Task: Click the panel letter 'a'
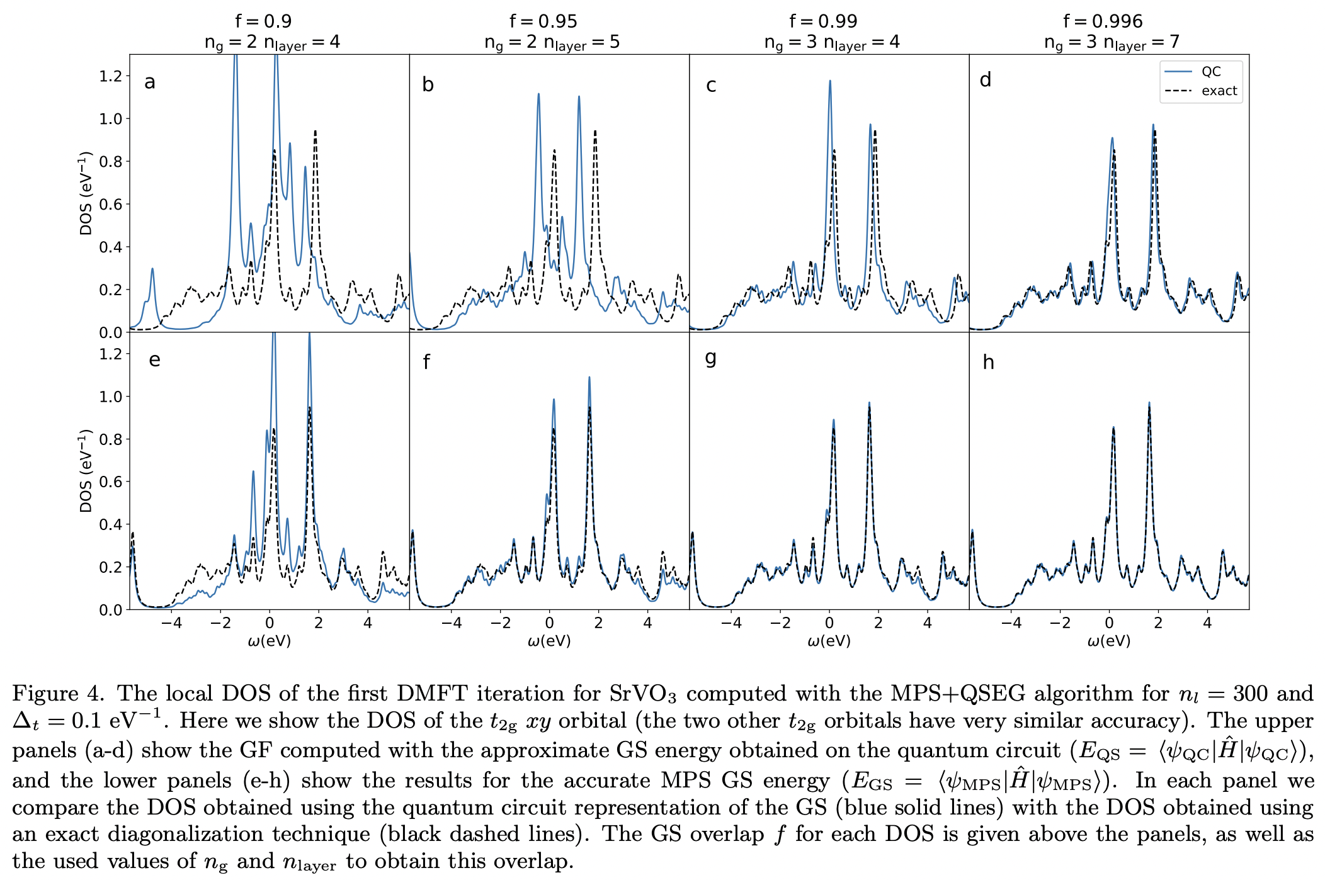coord(149,82)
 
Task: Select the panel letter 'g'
coord(710,358)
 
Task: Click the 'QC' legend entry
coord(1210,72)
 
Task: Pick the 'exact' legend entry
coord(1219,91)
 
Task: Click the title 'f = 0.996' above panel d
coord(1103,21)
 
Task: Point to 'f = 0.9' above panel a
coord(263,21)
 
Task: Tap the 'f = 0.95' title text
coord(543,21)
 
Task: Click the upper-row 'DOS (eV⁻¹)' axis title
coord(86,193)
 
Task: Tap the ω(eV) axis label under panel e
coord(270,641)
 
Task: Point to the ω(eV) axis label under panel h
coord(1109,641)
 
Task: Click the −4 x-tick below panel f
coord(451,623)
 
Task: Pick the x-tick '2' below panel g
coord(878,623)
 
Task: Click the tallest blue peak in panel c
coord(830,82)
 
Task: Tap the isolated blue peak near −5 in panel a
coord(152,270)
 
